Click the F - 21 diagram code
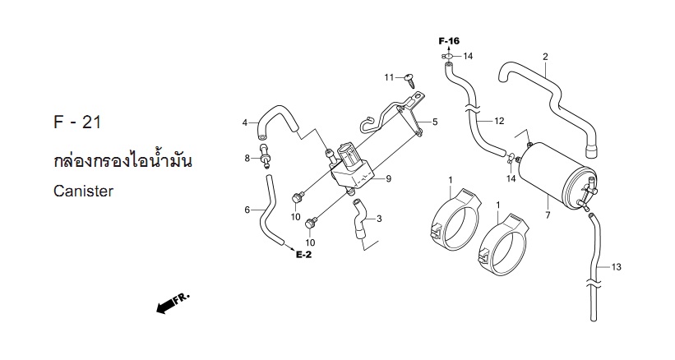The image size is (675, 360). tap(77, 122)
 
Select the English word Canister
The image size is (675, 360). tap(83, 191)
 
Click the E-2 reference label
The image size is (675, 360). tap(304, 255)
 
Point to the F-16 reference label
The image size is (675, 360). tap(449, 41)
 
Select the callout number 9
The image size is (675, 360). tap(388, 178)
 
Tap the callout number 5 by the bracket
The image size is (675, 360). tap(435, 122)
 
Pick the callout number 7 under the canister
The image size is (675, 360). tap(548, 215)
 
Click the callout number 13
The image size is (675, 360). tap(617, 267)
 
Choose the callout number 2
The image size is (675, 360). tap(545, 57)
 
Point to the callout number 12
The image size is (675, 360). tap(499, 121)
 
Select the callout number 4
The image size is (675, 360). tap(245, 123)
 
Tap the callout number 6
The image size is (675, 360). tap(247, 210)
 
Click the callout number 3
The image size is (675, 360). tap(379, 219)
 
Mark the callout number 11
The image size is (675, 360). tap(389, 77)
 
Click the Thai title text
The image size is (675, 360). tap(123, 161)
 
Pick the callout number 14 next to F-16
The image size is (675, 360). tap(468, 56)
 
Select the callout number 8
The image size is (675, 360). tap(247, 159)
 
